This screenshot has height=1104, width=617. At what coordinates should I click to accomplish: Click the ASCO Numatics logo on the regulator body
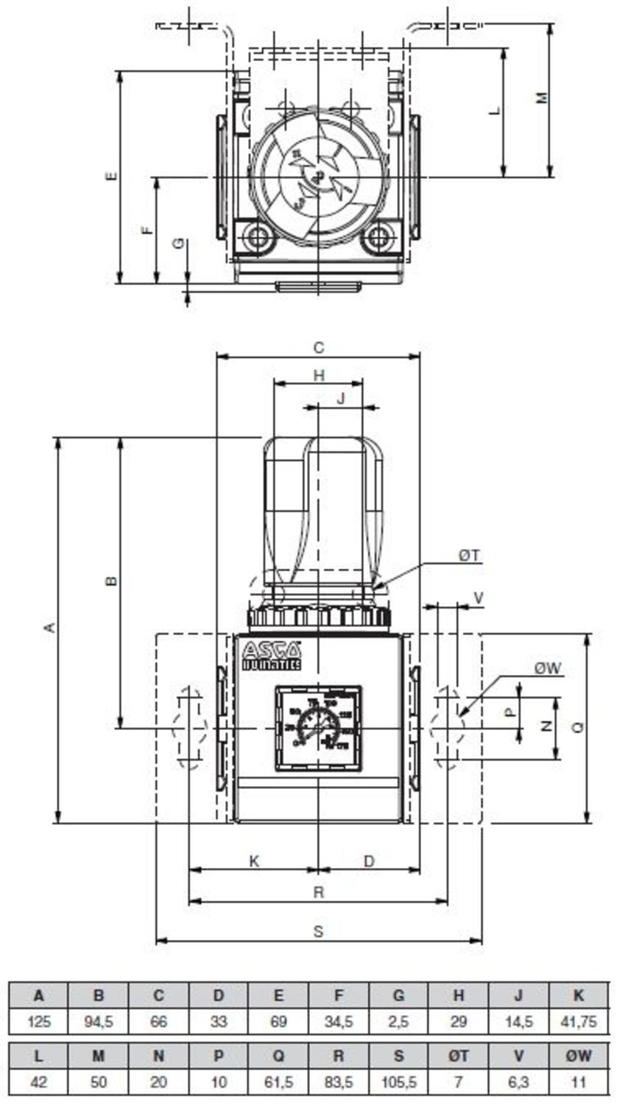pos(272,656)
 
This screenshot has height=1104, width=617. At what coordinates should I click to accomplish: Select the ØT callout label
pos(470,556)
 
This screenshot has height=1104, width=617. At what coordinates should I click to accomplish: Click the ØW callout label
pos(549,668)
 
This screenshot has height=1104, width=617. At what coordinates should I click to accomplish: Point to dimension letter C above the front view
pos(318,347)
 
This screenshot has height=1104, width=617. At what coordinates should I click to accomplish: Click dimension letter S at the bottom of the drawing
pos(318,931)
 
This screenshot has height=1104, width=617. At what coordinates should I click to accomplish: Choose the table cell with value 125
pos(38,1022)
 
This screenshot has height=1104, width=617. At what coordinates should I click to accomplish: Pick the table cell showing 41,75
pos(579,1022)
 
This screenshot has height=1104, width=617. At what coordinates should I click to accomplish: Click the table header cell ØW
pos(579,1055)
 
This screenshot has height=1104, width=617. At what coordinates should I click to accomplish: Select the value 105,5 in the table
pos(398,1082)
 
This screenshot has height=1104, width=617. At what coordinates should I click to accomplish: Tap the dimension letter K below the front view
pos(254,860)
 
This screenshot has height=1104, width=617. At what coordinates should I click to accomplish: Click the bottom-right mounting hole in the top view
pos(378,237)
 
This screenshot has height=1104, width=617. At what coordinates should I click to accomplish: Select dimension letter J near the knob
pos(340,398)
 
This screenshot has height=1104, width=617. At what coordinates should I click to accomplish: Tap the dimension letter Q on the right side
pos(578,726)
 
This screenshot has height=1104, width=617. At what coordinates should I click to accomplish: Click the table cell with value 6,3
pos(518,1082)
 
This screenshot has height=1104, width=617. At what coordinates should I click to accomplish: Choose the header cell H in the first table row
pos(458,996)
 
